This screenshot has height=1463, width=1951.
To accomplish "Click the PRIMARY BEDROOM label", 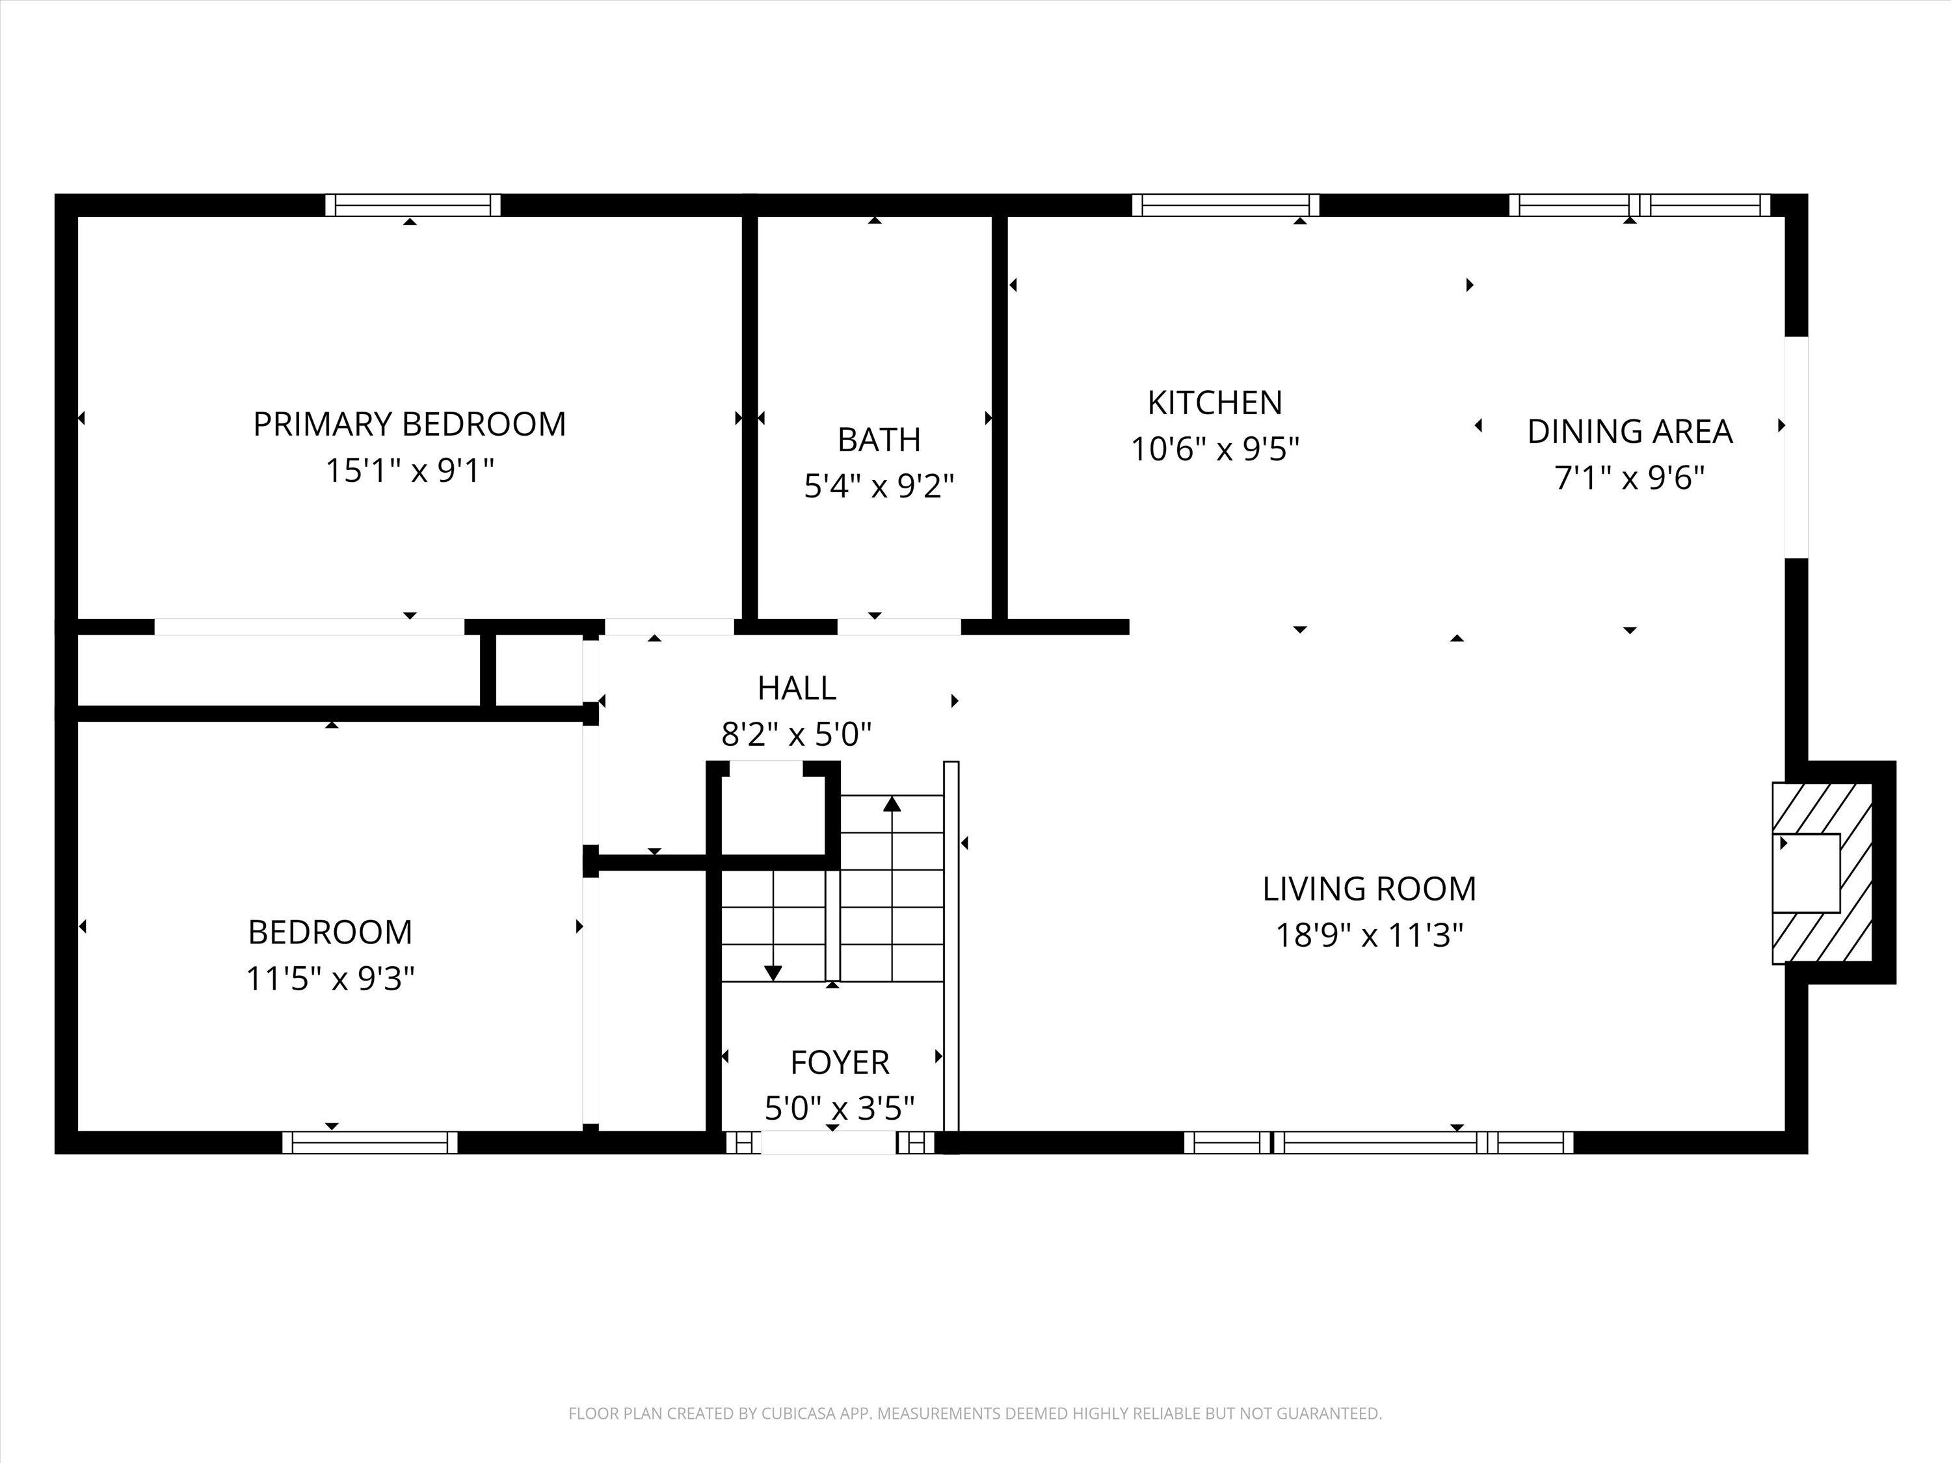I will pyautogui.click(x=409, y=424).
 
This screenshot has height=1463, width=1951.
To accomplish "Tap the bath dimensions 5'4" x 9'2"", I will pyautogui.click(x=879, y=486).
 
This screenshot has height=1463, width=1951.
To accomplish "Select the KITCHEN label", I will pyautogui.click(x=1215, y=403).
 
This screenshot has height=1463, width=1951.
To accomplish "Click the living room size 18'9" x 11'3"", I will pyautogui.click(x=1369, y=935).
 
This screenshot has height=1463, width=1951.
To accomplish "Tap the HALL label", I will pyautogui.click(x=797, y=689).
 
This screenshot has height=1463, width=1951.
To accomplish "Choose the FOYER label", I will pyautogui.click(x=839, y=1062).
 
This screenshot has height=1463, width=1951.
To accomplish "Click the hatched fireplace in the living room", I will pyautogui.click(x=1822, y=873).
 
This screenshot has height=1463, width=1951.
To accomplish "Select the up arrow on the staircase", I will pyautogui.click(x=893, y=804).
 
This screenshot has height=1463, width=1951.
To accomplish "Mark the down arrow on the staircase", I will pyautogui.click(x=773, y=972).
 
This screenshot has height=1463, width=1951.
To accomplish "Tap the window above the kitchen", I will pyautogui.click(x=1225, y=205).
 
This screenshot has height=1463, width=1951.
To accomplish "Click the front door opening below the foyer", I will pyautogui.click(x=829, y=1143).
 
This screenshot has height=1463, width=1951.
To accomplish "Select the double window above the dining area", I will pyautogui.click(x=1639, y=205).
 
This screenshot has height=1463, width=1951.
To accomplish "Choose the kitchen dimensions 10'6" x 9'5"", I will pyautogui.click(x=1215, y=450).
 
